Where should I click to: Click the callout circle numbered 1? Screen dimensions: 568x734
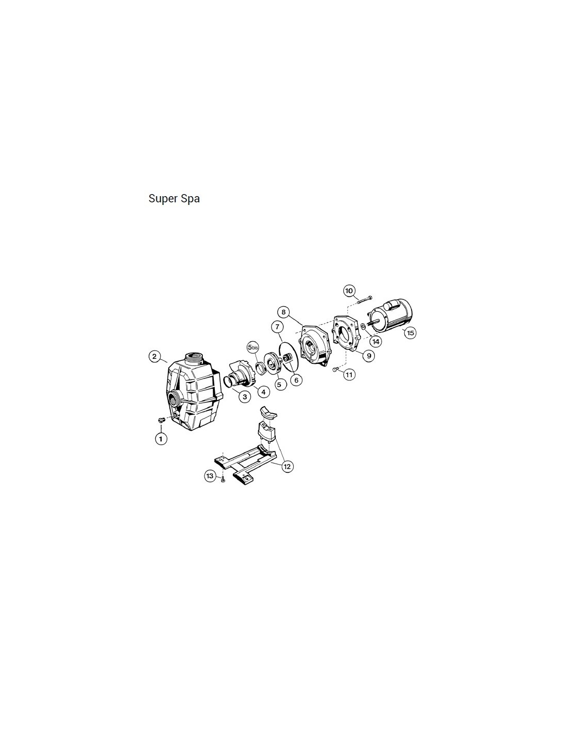[161, 439]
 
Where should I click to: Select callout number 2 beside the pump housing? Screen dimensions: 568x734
[154, 356]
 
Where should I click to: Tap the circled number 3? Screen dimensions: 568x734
[245, 396]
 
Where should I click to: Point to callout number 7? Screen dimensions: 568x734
[277, 327]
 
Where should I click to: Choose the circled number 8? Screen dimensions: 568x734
[283, 312]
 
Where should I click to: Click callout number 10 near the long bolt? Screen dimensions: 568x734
[350, 291]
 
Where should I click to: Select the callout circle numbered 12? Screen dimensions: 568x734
[287, 467]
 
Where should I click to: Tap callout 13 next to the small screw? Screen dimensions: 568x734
[210, 476]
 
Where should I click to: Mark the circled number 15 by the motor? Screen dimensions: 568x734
[410, 333]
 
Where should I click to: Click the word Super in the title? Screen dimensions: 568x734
[161, 199]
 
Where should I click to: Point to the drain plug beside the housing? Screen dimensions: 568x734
[161, 420]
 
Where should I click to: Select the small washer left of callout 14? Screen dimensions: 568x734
[362, 326]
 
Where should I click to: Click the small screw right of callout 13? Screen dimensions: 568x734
[223, 480]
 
